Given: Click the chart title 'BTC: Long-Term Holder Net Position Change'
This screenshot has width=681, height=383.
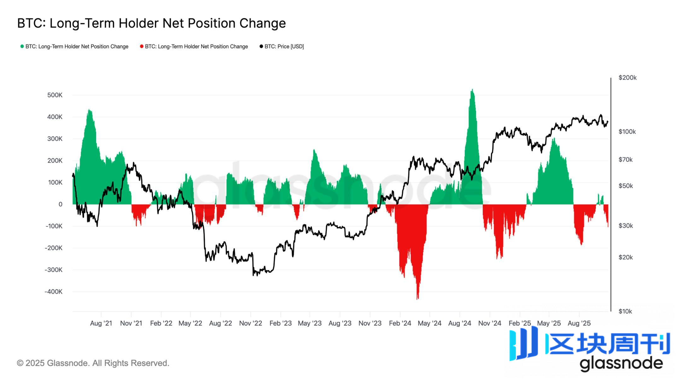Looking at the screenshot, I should pyautogui.click(x=151, y=23).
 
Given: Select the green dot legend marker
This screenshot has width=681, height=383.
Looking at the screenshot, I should pyautogui.click(x=22, y=46).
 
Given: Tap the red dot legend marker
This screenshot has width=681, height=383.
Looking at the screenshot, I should pyautogui.click(x=142, y=46).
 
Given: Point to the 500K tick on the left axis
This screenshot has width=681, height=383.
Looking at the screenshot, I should pyautogui.click(x=55, y=95).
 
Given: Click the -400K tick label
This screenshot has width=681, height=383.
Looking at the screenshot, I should pyautogui.click(x=54, y=292).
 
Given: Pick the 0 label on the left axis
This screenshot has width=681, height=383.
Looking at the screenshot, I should pyautogui.click(x=60, y=204).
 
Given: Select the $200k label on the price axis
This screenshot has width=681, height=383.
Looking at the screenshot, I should pyautogui.click(x=627, y=78).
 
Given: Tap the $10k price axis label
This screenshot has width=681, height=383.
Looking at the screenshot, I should pyautogui.click(x=625, y=311).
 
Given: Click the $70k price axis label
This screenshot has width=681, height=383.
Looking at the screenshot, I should pyautogui.click(x=626, y=160).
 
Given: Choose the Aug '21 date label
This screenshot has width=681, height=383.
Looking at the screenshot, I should pyautogui.click(x=101, y=323).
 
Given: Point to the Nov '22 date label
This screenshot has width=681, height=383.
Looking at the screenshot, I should pyautogui.click(x=251, y=323).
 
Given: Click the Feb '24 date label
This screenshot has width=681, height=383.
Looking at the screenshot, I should pyautogui.click(x=400, y=323).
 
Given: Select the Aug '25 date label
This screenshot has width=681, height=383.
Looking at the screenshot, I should pyautogui.click(x=579, y=323).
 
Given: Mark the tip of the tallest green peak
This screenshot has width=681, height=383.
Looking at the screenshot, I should pyautogui.click(x=472, y=90).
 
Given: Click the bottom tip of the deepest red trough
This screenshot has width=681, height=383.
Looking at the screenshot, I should pyautogui.click(x=418, y=299).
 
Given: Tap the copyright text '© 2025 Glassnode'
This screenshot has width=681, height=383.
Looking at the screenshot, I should pyautogui.click(x=93, y=363).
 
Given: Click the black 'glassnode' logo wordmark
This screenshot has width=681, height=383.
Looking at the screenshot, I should pyautogui.click(x=621, y=363).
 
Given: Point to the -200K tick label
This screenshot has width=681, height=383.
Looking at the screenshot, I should pyautogui.click(x=54, y=248).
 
